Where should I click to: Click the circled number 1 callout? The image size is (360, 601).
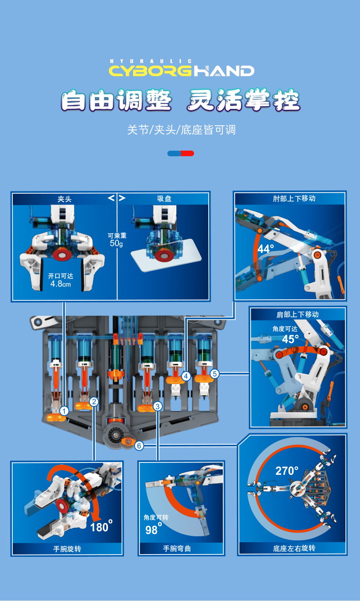click(64, 411)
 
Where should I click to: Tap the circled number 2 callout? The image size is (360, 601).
click(94, 401)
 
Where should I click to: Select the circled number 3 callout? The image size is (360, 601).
click(157, 406)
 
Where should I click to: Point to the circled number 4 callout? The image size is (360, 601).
click(186, 376)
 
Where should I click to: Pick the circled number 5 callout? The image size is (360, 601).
click(215, 374)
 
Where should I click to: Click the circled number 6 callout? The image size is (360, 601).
click(139, 446)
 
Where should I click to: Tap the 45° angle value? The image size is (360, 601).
click(290, 339)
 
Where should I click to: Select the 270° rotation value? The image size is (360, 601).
click(287, 470)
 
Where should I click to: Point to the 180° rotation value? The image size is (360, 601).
click(101, 527)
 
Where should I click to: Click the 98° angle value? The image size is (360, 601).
click(152, 529)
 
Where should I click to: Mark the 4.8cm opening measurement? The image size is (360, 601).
click(60, 283)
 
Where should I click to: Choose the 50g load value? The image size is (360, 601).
click(116, 243)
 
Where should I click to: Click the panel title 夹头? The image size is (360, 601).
click(64, 199)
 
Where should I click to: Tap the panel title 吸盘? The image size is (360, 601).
click(164, 199)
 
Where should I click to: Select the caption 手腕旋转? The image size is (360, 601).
click(67, 549)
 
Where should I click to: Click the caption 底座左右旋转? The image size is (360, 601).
click(294, 548)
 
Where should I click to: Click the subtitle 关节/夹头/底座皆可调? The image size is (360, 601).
click(181, 130)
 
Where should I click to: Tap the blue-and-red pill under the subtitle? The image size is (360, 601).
click(181, 153)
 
